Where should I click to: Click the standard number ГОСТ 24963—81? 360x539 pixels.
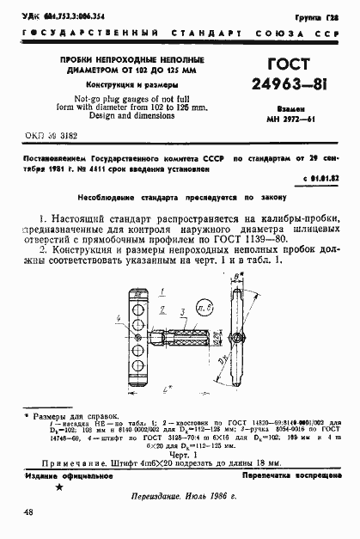[x=291, y=75]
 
